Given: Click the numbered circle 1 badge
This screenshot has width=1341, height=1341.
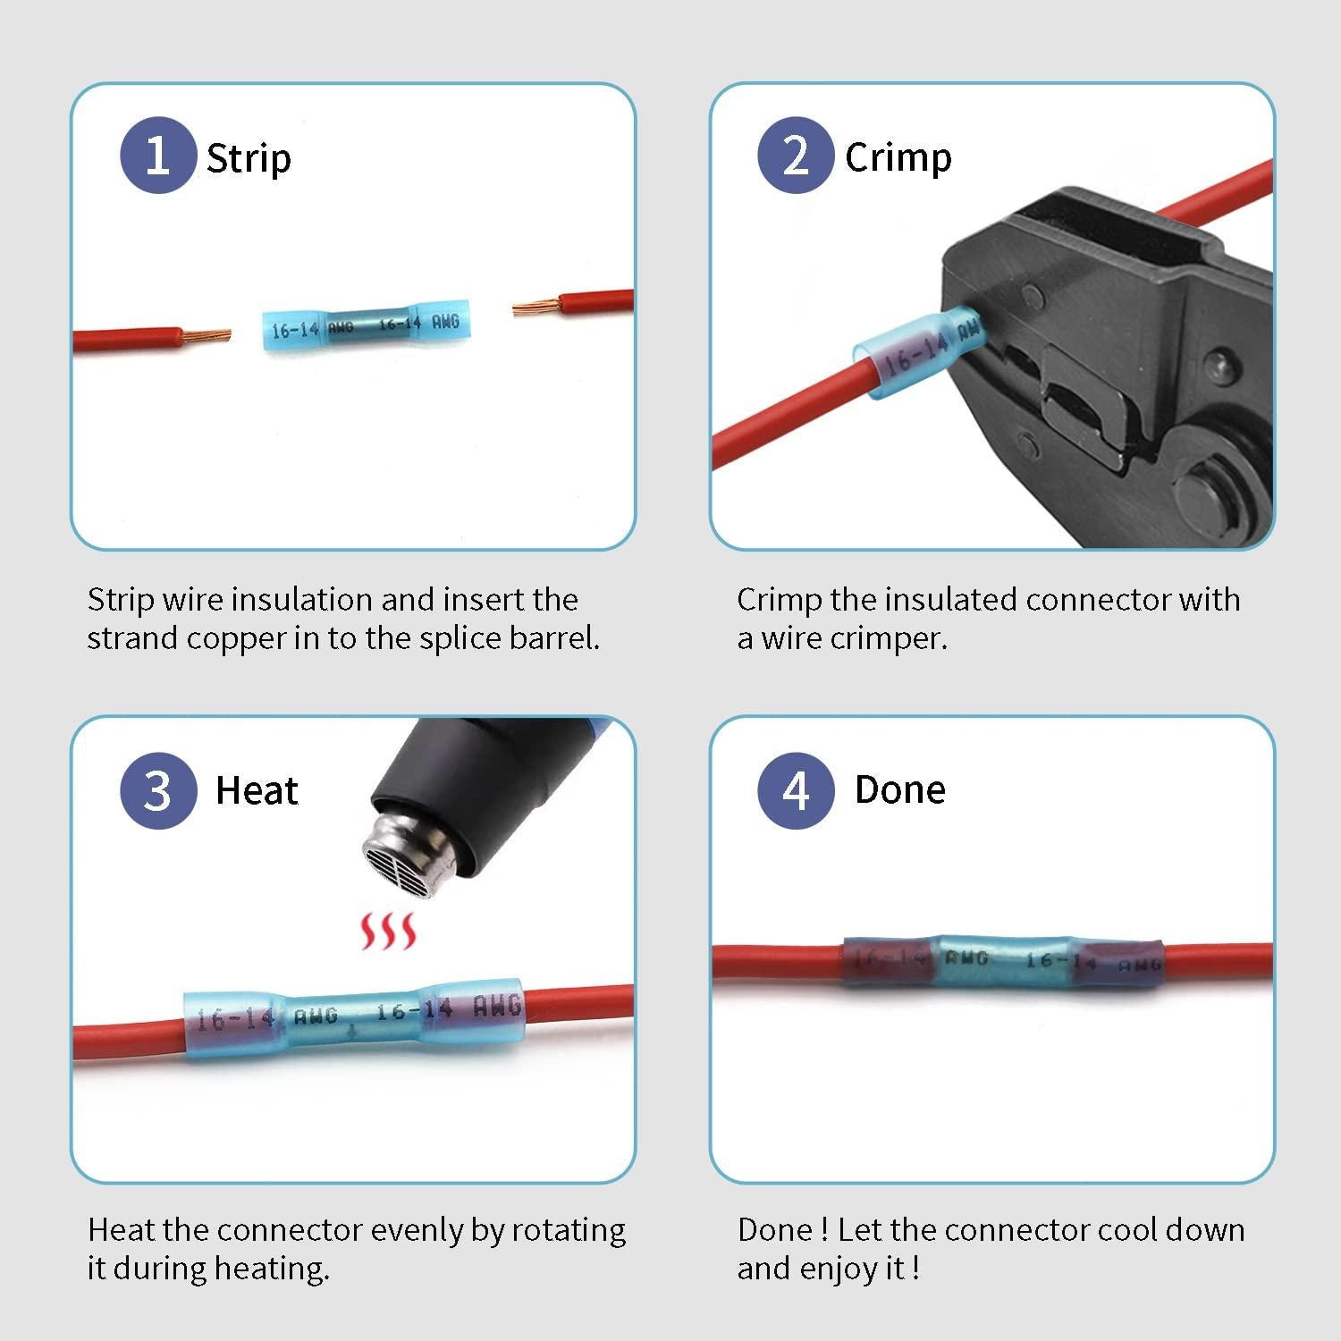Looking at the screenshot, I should [158, 156].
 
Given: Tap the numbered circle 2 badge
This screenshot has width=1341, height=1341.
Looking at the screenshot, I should [796, 156].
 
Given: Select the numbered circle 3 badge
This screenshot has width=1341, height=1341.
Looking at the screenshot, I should [158, 790].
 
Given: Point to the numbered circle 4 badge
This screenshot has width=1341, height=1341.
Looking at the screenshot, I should [796, 790].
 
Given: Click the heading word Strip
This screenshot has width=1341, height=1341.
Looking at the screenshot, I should [249, 159].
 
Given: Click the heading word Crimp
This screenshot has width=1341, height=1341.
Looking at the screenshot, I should [898, 158].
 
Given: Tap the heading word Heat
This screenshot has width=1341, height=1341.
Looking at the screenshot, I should [257, 791].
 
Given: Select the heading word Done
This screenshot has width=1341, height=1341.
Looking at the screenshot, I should [899, 790].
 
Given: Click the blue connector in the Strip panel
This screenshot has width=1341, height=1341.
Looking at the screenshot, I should [367, 325].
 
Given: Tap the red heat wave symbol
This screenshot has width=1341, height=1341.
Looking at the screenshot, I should [387, 932].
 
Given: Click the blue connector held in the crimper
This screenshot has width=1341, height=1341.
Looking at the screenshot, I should [916, 354].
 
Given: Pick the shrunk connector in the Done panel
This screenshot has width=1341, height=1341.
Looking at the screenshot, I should [1003, 962].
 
